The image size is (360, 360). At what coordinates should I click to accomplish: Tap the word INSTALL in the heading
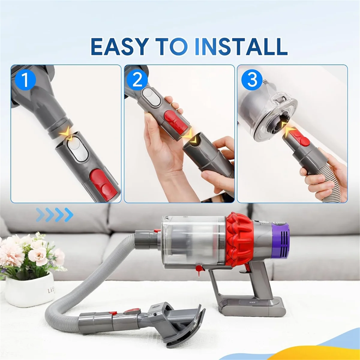pos(241,46)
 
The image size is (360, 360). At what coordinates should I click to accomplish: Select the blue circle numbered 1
pos(25,80)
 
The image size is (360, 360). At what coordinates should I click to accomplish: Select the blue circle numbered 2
pos(137,80)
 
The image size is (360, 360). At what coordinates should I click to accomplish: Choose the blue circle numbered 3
pos(252,79)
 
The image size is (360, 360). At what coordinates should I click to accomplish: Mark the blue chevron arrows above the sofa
pos(55,214)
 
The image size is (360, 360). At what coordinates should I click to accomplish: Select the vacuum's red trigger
pos(248,268)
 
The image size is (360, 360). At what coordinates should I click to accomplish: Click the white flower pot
pos(29,289)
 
